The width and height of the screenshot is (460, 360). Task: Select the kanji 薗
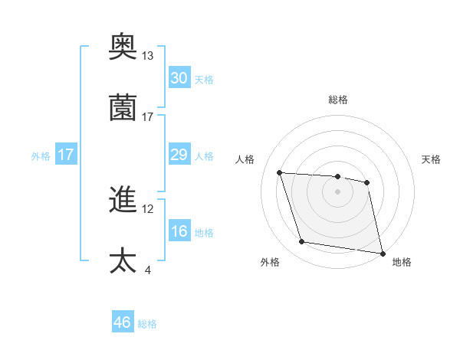(123, 108)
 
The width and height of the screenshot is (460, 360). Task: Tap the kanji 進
(123, 201)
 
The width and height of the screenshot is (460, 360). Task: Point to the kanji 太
(123, 260)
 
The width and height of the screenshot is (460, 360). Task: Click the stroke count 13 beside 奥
(147, 56)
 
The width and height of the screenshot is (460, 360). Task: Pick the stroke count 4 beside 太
(147, 269)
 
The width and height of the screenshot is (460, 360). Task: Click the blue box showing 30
(179, 78)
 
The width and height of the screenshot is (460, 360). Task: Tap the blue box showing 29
(179, 155)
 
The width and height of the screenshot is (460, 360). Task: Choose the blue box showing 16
(179, 232)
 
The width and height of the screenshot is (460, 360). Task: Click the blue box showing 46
(123, 322)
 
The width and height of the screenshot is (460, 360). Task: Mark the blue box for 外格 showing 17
(65, 155)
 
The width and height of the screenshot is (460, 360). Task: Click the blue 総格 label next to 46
(147, 324)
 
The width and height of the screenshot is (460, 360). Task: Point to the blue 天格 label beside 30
(204, 80)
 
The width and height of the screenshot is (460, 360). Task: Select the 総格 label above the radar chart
(338, 100)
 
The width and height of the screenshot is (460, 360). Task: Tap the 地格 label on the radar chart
(402, 262)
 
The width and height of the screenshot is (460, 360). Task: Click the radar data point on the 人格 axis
(280, 173)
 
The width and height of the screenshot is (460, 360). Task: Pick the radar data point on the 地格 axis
(382, 253)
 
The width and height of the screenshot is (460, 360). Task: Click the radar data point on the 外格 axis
(302, 242)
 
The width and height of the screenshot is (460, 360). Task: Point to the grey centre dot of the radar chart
(338, 191)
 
